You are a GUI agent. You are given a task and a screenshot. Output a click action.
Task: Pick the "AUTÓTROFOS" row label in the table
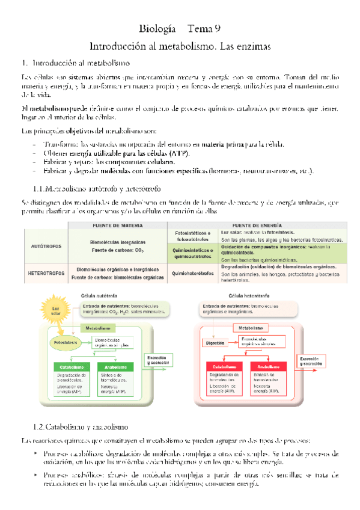(x=45, y=247)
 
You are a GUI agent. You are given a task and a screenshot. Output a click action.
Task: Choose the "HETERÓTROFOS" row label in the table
(x=46, y=273)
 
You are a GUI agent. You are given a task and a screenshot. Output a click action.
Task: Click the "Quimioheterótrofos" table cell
(x=194, y=273)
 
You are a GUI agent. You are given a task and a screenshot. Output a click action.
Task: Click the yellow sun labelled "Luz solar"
(x=49, y=310)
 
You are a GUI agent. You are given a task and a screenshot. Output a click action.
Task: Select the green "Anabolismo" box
(x=117, y=367)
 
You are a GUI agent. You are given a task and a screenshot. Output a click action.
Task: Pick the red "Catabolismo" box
(x=224, y=366)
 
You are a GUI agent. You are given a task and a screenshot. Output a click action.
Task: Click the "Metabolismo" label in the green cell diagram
(x=97, y=328)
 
